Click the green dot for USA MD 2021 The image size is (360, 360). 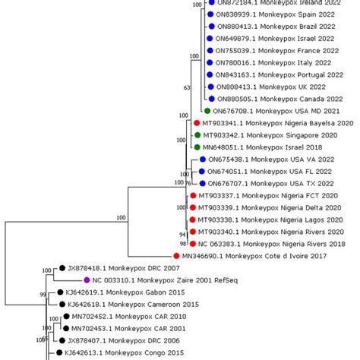click(x=207, y=111)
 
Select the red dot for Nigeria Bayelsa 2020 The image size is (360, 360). click(x=195, y=122)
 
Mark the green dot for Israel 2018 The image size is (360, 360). click(x=195, y=147)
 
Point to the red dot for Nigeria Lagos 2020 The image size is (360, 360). click(x=192, y=219)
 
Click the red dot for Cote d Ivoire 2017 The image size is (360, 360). click(x=175, y=257)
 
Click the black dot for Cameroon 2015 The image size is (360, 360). click(x=62, y=304)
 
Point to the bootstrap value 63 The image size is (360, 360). click(x=187, y=88)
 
